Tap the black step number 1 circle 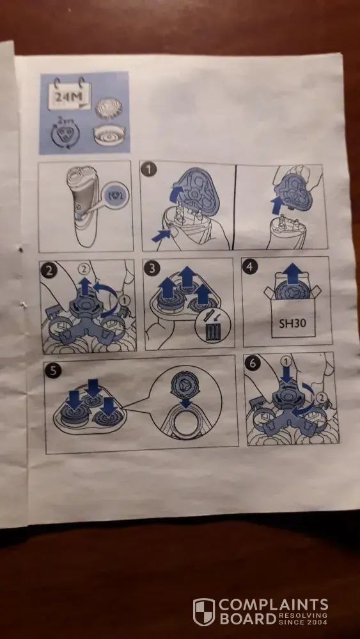(149, 169)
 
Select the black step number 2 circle (49, 270)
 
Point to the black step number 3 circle (152, 269)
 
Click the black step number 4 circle (250, 267)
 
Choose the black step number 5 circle (54, 371)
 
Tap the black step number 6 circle (253, 363)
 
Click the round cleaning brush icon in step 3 (212, 328)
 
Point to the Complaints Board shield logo (204, 612)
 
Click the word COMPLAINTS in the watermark (274, 604)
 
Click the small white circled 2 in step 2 (84, 269)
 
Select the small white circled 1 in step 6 (286, 361)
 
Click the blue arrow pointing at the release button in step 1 (161, 235)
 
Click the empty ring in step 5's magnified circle (186, 424)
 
